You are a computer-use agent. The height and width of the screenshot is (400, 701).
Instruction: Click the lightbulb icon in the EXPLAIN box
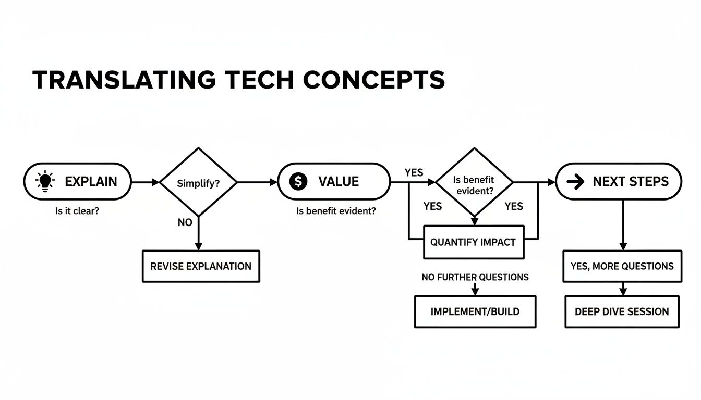pyautogui.click(x=45, y=181)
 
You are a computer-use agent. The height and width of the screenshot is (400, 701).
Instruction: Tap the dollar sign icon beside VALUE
pyautogui.click(x=298, y=181)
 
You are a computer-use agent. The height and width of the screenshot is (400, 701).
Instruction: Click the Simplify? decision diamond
pyautogui.click(x=198, y=182)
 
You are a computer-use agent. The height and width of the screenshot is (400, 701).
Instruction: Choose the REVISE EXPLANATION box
pyautogui.click(x=201, y=266)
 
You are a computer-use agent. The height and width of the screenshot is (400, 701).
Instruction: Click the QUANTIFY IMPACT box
pyautogui.click(x=473, y=242)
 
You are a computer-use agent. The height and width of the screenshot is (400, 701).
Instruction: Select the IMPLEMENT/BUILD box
pyautogui.click(x=475, y=311)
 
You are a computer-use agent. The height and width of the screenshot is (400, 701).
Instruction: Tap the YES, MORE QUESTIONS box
pyautogui.click(x=622, y=266)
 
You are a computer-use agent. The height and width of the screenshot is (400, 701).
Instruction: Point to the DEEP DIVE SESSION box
pyautogui.click(x=622, y=311)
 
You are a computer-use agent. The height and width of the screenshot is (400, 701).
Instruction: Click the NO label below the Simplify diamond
pyautogui.click(x=185, y=223)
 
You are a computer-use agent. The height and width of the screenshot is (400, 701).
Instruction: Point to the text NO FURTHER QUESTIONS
pyautogui.click(x=475, y=277)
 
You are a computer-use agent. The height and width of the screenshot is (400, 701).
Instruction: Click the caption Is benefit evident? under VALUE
pyautogui.click(x=336, y=212)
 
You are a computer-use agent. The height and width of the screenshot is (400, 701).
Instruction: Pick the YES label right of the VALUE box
pyautogui.click(x=414, y=172)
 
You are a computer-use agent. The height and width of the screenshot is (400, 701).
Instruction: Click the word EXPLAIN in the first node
pyautogui.click(x=91, y=182)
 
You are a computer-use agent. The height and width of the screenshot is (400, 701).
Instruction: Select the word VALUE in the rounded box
pyautogui.click(x=339, y=182)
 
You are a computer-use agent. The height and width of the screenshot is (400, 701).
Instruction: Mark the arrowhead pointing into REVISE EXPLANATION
pyautogui.click(x=198, y=247)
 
